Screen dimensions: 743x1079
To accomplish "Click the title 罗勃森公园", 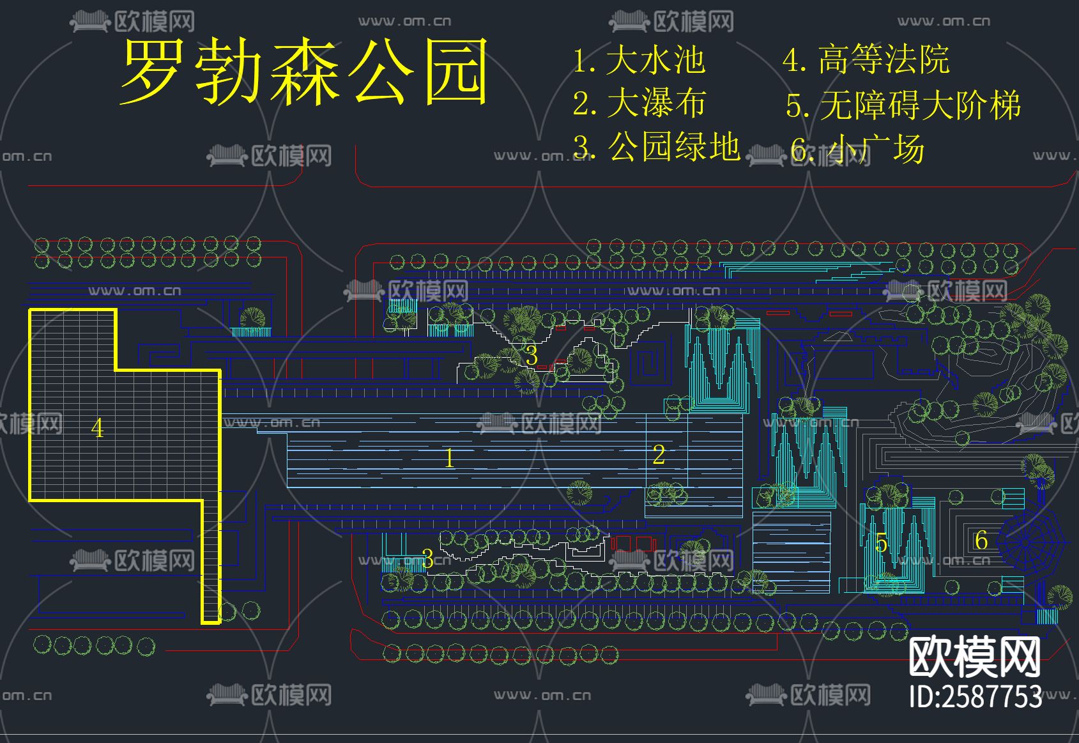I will coord(303,72).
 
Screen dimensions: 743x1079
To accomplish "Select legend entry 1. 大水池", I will coord(638,60).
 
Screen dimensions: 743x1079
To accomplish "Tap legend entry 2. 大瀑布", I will coord(639,103).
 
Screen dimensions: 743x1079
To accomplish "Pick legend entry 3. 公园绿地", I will coord(656,146).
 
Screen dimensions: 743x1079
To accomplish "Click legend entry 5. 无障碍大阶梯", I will coord(903,105).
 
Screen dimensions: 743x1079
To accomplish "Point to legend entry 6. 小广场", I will coord(857,149).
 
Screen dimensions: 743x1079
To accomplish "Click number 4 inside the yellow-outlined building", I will coord(97,428).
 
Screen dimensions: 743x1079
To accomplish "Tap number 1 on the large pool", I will coord(449,458).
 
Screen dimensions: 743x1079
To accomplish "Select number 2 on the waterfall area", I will coord(659,455).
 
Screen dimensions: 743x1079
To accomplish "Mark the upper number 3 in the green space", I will coord(532,355).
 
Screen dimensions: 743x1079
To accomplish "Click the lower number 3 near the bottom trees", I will coord(427,559).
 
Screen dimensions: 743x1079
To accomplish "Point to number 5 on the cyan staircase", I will coord(881,544).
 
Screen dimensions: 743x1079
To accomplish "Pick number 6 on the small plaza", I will coord(981,540).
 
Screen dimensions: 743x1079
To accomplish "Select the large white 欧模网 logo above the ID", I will coord(974,657).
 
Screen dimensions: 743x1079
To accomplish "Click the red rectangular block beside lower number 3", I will coord(632,544).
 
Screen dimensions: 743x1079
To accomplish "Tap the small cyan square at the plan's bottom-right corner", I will coord(1046,617).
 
